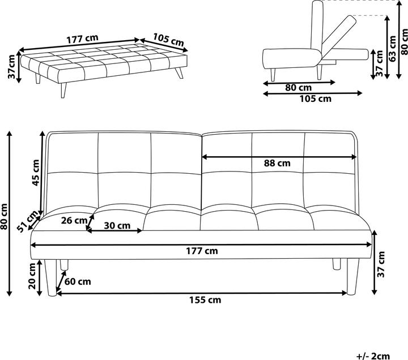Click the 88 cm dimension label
[x=277, y=163]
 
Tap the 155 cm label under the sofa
[x=205, y=300]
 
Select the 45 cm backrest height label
[x=35, y=173]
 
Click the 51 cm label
[x=28, y=221]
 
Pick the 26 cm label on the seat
[x=74, y=220]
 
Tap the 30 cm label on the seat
[x=117, y=226]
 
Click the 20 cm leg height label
[x=32, y=276]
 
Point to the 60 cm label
[x=78, y=281]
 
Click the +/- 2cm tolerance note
[x=373, y=356]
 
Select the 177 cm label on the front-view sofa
[x=202, y=251]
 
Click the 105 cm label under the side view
[x=316, y=98]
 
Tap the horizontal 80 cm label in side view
[x=299, y=88]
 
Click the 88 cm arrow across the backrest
[x=279, y=157]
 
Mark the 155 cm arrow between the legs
[x=202, y=293]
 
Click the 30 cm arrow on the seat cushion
[x=114, y=230]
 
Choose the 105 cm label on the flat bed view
[x=168, y=40]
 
